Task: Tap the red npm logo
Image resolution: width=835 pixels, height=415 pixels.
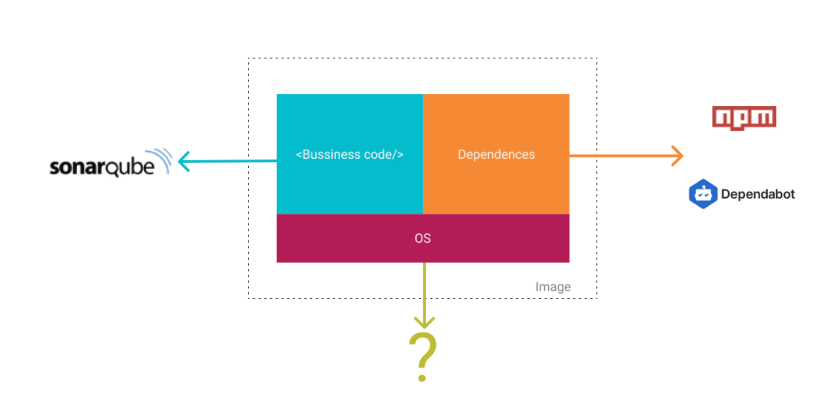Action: pyautogui.click(x=744, y=117)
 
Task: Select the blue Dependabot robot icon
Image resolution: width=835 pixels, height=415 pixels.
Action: pyautogui.click(x=703, y=194)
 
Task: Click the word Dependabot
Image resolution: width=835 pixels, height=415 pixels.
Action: pyautogui.click(x=758, y=194)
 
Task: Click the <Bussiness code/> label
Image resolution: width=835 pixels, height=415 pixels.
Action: pyautogui.click(x=349, y=154)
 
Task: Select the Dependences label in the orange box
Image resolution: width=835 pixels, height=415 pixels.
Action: pyautogui.click(x=496, y=154)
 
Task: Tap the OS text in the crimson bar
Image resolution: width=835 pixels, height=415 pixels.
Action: pyautogui.click(x=422, y=238)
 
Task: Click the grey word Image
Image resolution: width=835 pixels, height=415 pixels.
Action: pyautogui.click(x=553, y=287)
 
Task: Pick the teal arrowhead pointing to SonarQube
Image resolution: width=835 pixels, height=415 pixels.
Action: pyautogui.click(x=184, y=161)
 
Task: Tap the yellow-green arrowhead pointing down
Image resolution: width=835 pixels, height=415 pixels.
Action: pyautogui.click(x=424, y=322)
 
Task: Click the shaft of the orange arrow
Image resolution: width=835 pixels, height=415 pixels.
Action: pyautogui.click(x=620, y=156)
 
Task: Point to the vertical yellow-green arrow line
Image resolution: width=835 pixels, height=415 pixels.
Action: pyautogui.click(x=424, y=290)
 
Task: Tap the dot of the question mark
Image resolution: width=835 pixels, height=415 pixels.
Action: pyautogui.click(x=422, y=378)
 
